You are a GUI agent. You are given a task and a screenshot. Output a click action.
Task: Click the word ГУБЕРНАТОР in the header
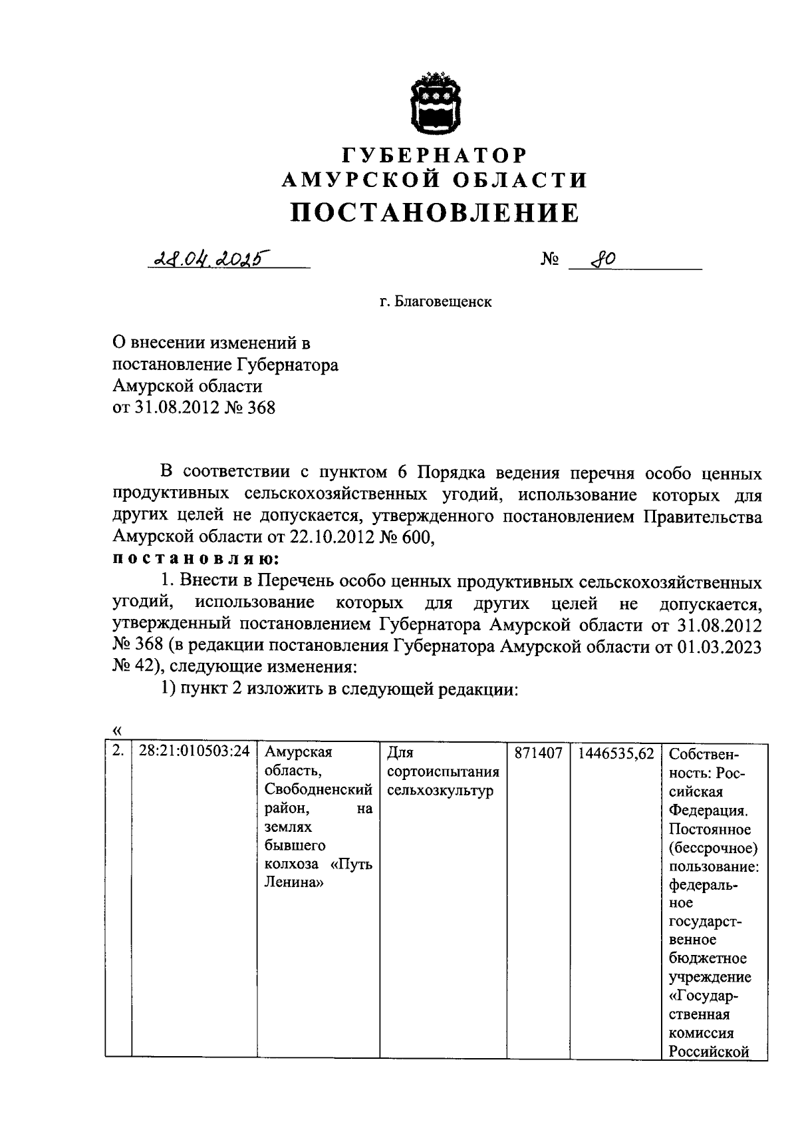(435, 155)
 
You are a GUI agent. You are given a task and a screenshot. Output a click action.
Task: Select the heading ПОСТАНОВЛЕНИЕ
(435, 213)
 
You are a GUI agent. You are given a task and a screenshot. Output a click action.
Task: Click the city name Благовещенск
(444, 301)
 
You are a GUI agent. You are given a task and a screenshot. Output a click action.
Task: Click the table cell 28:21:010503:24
(194, 751)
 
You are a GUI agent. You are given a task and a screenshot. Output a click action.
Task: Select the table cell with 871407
(538, 753)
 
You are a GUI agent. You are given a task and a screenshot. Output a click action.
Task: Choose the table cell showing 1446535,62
(616, 753)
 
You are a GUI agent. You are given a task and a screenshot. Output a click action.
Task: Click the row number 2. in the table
(118, 751)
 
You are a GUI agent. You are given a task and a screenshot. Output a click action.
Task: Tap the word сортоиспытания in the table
(442, 771)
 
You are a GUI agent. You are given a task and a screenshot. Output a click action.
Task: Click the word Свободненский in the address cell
(318, 790)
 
